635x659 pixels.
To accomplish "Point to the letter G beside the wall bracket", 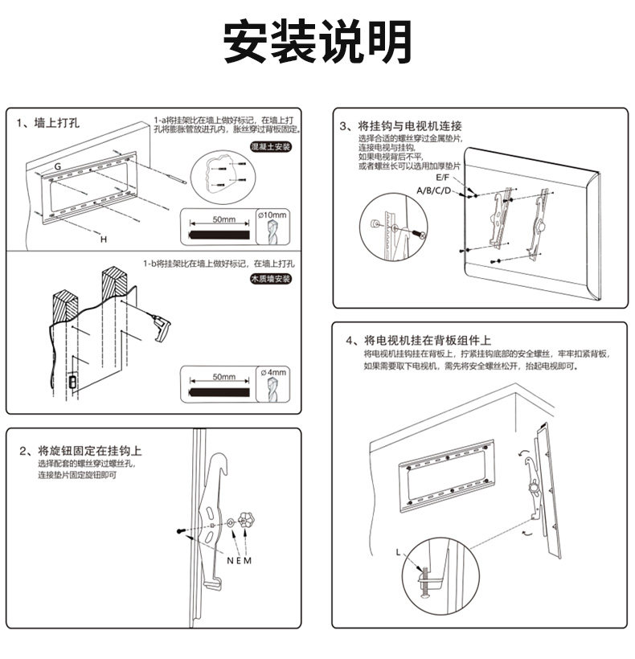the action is (x=58, y=165).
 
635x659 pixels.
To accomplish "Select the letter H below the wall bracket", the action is (x=103, y=239).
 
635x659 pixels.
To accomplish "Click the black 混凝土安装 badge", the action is (x=270, y=148).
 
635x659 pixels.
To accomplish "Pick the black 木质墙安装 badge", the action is (x=270, y=278).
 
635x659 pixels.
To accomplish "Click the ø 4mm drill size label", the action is (x=273, y=372).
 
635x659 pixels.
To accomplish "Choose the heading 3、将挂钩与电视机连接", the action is (x=399, y=126).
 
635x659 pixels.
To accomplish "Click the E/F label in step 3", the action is (x=444, y=176).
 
